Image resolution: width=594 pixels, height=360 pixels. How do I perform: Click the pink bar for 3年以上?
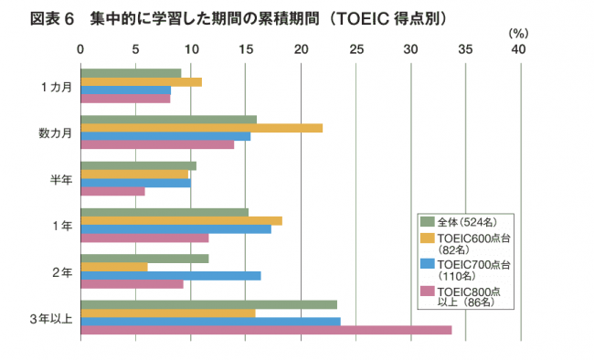tap(266, 330)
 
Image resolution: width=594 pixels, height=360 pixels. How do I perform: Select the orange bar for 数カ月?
tap(202, 128)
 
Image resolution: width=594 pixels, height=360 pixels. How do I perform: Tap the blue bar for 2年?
tap(171, 275)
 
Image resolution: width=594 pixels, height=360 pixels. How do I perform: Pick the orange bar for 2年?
tap(114, 267)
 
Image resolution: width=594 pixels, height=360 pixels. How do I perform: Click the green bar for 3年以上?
tap(209, 304)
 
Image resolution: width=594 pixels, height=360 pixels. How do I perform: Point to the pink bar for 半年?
tap(113, 191)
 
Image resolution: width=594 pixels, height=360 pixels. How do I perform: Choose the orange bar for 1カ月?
tap(142, 82)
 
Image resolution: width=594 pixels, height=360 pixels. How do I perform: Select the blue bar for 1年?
tap(176, 228)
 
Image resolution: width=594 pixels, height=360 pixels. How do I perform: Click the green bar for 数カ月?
tap(169, 119)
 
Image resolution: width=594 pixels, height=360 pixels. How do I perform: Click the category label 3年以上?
tap(50, 318)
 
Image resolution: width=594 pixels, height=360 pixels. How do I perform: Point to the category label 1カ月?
tap(56, 87)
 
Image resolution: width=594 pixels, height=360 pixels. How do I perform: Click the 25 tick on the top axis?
tap(356, 48)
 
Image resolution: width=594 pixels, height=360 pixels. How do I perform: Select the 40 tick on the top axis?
tap(521, 48)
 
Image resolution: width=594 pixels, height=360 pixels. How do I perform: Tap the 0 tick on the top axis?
tap(81, 48)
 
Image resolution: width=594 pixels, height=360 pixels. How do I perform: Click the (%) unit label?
tap(518, 33)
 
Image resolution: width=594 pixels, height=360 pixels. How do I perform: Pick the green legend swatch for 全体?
tap(426, 221)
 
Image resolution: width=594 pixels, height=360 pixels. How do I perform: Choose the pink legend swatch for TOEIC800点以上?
tap(426, 291)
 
